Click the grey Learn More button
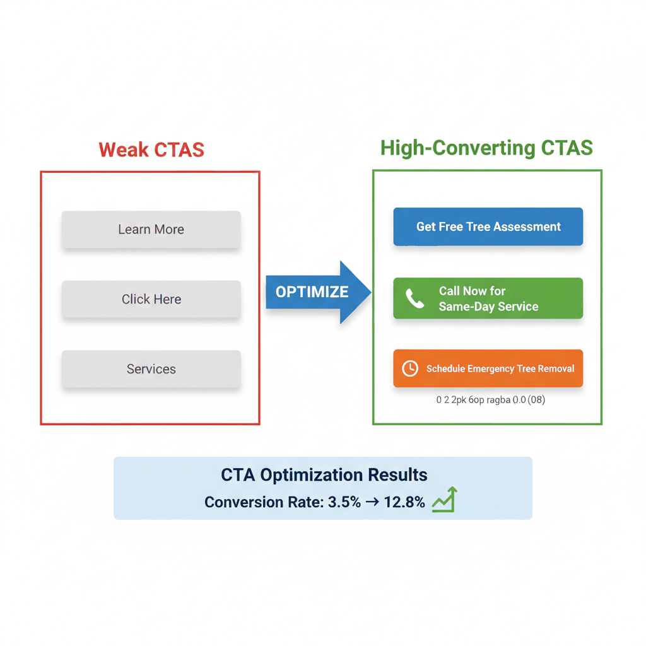[151, 230]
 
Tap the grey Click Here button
[151, 300]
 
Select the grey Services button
[151, 369]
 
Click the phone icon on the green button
[414, 298]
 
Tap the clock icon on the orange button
[410, 368]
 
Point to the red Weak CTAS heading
[151, 150]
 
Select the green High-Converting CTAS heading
[486, 148]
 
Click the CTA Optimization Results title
[324, 475]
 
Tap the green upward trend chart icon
[445, 500]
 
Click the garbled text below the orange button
[490, 400]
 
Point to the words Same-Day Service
[488, 307]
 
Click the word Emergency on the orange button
[494, 369]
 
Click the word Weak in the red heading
[124, 150]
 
